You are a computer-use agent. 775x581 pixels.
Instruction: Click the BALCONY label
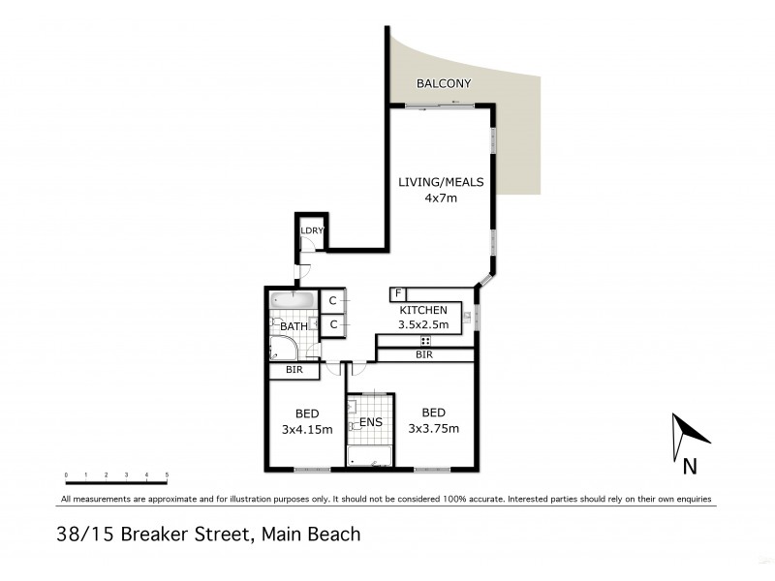click(x=444, y=84)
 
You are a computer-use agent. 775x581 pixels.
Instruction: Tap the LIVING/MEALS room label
click(x=441, y=182)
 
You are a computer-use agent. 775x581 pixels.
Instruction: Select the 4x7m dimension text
click(x=441, y=198)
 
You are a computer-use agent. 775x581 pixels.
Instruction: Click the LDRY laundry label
click(x=311, y=230)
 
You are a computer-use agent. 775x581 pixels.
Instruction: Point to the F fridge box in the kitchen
click(x=397, y=293)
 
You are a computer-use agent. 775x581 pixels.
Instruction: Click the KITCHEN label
click(x=423, y=310)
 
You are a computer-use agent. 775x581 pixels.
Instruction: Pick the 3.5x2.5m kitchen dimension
click(x=423, y=325)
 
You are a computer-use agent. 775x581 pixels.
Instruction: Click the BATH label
click(x=294, y=327)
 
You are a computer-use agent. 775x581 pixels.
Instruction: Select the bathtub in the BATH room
click(x=294, y=300)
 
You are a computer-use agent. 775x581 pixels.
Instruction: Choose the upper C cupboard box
click(x=332, y=301)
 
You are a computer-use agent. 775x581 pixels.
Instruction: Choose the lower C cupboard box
click(x=332, y=324)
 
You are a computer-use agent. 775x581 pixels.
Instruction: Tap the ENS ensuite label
click(x=371, y=423)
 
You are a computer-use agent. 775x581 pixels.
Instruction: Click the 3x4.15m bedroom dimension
click(x=306, y=429)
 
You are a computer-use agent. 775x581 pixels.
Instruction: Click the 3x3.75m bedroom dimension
click(x=433, y=429)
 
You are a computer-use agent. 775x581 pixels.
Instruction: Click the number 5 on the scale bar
click(x=168, y=474)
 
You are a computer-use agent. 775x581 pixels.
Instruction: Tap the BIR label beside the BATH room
click(x=294, y=370)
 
